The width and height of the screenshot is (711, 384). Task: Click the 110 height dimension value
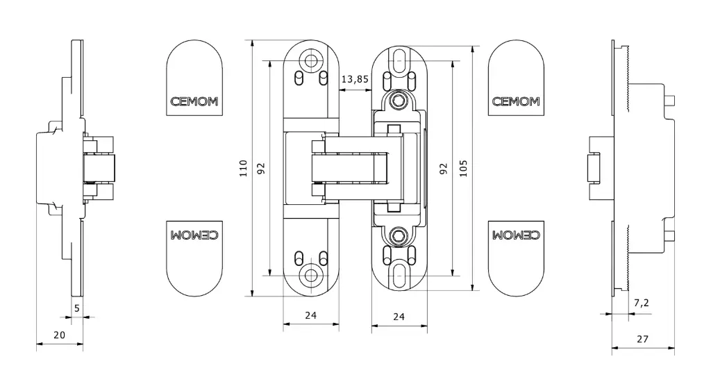coord(244,168)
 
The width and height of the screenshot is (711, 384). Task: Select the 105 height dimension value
coord(463,168)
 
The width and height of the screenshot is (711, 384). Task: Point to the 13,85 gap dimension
coord(355,79)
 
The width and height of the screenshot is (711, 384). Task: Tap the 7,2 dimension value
coord(641,303)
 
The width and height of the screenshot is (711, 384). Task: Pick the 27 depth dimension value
coord(642,339)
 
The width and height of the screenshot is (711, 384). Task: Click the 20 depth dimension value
coord(60,335)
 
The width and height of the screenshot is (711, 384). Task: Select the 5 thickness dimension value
coord(76,308)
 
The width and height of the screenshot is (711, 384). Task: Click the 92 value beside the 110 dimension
coord(261,168)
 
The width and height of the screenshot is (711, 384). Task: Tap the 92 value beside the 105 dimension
coord(444,168)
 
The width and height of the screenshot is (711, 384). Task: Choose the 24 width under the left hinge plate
coord(310,315)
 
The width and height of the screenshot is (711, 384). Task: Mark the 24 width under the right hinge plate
coord(399,317)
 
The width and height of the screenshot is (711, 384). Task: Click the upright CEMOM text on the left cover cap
coord(194,101)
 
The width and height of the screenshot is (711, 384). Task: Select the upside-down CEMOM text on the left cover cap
coord(194,235)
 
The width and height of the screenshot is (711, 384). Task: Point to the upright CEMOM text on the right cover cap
coord(516,101)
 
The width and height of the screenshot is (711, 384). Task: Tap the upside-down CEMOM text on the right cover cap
coord(516,235)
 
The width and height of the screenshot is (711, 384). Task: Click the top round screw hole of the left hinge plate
coord(311,60)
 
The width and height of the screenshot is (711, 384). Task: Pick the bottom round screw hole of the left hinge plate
coord(311,275)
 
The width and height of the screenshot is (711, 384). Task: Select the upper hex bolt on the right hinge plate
coord(399,100)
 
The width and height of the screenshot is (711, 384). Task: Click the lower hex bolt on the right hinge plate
coord(399,235)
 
